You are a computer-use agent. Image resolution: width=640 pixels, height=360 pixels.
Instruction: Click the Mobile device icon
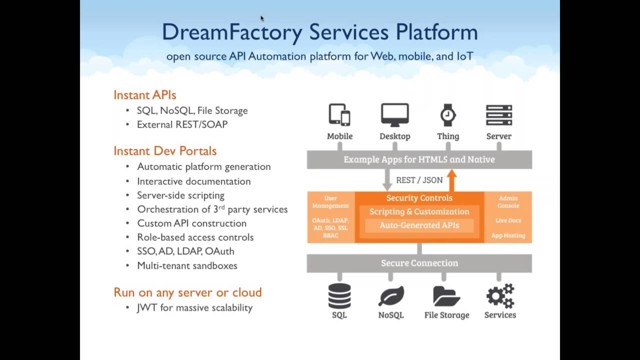point(339,114)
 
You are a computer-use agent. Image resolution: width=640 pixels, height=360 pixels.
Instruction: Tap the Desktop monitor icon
point(394,114)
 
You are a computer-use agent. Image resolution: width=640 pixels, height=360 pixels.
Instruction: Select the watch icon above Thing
point(447,114)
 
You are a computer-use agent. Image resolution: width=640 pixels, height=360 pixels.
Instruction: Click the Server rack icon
point(498,114)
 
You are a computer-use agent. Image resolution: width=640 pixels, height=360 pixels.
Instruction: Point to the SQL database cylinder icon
point(339,296)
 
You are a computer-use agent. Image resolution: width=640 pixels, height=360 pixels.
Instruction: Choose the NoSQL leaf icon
point(391,296)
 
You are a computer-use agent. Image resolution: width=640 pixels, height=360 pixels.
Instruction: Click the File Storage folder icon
point(446,296)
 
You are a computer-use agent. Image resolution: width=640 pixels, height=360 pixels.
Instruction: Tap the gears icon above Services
point(500,295)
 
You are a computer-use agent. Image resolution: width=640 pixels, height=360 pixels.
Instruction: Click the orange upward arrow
point(451,180)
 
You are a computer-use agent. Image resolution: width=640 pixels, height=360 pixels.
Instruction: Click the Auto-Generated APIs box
point(419,225)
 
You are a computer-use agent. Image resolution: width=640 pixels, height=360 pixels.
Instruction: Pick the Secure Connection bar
point(419,263)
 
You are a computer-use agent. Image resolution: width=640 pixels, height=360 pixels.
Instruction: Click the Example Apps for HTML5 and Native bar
point(419,159)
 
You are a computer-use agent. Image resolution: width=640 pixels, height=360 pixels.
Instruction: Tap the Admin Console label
point(508,202)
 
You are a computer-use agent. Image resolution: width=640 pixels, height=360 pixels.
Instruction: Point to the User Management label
point(330,202)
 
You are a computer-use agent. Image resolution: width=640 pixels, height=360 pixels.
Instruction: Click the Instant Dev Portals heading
point(165,151)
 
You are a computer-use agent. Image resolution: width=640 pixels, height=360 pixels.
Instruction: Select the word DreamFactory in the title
point(232,32)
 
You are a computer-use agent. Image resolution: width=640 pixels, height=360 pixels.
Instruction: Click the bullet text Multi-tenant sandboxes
point(187,265)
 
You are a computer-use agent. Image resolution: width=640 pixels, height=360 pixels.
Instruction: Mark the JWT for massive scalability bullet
point(194,307)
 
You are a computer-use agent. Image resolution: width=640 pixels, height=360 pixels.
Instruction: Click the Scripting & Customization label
point(419,211)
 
